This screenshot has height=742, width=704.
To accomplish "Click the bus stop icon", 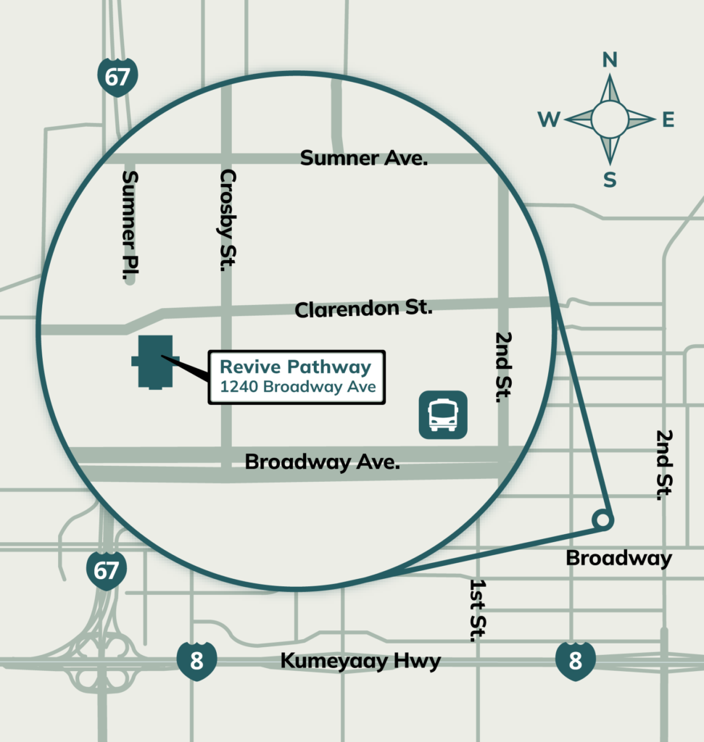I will click(x=443, y=415).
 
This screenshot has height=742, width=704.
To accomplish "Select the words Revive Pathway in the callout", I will click(x=296, y=367).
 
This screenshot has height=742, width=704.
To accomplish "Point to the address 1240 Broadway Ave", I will click(x=298, y=387).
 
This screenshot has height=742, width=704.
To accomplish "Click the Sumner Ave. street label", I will click(x=364, y=158).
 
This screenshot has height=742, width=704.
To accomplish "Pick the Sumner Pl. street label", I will click(x=131, y=225).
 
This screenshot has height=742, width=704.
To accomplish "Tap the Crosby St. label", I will click(x=228, y=220).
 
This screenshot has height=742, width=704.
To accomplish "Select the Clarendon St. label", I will click(x=363, y=309).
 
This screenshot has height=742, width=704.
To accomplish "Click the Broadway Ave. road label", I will click(x=323, y=462).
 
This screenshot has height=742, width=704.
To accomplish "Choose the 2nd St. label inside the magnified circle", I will click(x=503, y=367).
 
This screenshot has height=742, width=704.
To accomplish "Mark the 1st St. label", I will click(x=477, y=609).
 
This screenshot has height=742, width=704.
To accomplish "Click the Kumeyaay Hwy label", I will click(x=360, y=661).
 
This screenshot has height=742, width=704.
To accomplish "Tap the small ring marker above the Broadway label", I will click(x=602, y=520).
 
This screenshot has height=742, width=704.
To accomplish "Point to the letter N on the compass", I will click(x=610, y=60).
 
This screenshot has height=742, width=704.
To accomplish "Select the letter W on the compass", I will click(x=549, y=120).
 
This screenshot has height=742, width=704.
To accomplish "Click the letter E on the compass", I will click(x=668, y=120).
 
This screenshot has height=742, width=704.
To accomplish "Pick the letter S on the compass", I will click(x=610, y=180).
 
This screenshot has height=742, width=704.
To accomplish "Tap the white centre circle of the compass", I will click(x=610, y=120).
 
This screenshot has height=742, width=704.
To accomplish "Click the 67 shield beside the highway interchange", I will click(x=106, y=570).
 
